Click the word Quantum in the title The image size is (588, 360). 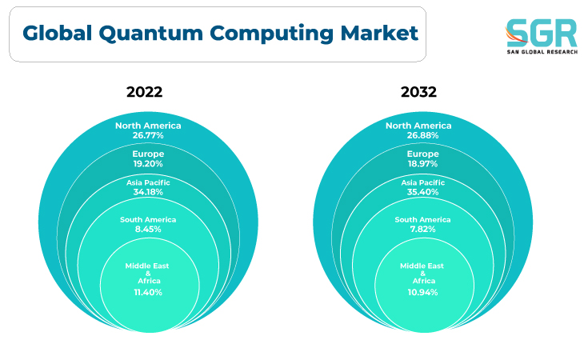(x=150, y=34)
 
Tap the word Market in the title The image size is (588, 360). (x=379, y=33)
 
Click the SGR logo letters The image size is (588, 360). (x=542, y=33)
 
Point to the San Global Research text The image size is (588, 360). (x=542, y=52)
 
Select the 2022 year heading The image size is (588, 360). (x=144, y=92)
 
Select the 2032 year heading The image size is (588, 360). (x=418, y=92)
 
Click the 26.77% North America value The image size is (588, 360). (x=148, y=135)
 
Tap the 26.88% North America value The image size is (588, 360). (x=422, y=135)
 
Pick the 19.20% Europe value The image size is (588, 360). (x=148, y=164)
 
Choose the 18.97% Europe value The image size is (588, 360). (x=422, y=164)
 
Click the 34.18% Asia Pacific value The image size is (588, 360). (x=148, y=192)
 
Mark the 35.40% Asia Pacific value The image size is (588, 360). (x=422, y=192)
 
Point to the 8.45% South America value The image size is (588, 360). (x=148, y=229)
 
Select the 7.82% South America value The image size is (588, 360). (x=422, y=229)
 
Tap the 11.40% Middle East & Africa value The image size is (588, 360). (x=148, y=293)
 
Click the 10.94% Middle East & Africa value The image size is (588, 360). (x=422, y=293)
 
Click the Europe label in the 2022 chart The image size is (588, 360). (x=148, y=154)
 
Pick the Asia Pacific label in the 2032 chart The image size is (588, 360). (x=422, y=182)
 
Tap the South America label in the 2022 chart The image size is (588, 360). (x=148, y=220)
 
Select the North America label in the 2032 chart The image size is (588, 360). (x=418, y=126)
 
